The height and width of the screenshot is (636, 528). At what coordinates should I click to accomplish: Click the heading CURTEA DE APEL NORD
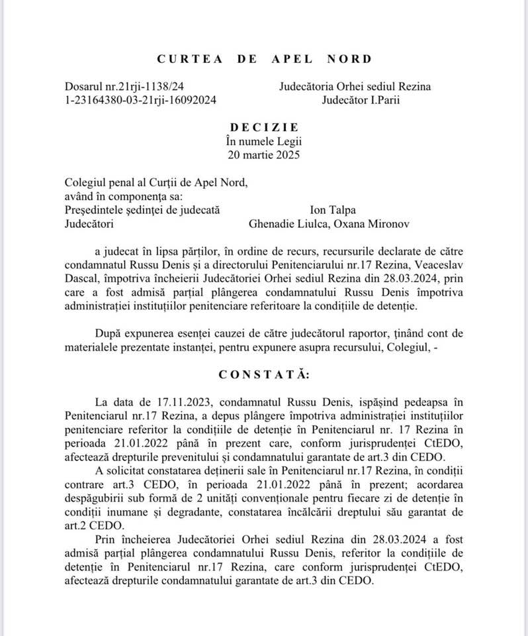pos(264,58)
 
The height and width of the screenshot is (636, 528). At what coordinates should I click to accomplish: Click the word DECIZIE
pos(264,127)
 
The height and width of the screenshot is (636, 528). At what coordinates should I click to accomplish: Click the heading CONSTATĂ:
pos(264,374)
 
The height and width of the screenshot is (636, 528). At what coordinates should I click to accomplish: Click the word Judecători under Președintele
pos(89,223)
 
